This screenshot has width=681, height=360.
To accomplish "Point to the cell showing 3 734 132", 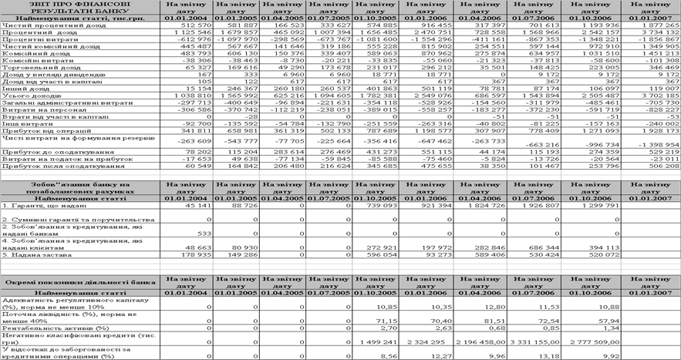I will click(x=655, y=32).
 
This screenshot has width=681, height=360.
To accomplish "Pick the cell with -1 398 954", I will click(x=655, y=167).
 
